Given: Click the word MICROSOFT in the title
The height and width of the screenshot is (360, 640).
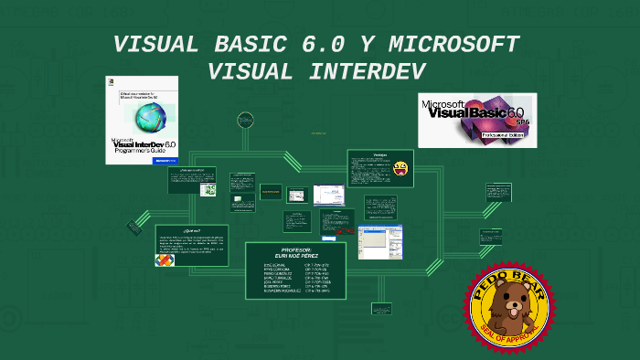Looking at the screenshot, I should (x=454, y=45).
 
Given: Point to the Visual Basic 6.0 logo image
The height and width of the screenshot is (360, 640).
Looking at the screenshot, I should (x=476, y=120).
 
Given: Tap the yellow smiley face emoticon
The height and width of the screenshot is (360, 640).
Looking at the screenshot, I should (x=400, y=167).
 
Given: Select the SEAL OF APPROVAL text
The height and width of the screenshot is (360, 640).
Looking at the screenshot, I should (x=509, y=340).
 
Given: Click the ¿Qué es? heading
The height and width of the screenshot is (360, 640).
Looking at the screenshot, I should (x=191, y=230).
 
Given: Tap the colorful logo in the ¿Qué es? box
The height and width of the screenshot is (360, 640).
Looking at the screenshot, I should (x=165, y=259).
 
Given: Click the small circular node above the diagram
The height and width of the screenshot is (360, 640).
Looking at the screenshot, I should (x=244, y=119).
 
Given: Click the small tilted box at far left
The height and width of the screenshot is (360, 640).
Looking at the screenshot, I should (x=133, y=226).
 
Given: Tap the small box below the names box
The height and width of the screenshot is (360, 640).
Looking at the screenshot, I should (x=381, y=309).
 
